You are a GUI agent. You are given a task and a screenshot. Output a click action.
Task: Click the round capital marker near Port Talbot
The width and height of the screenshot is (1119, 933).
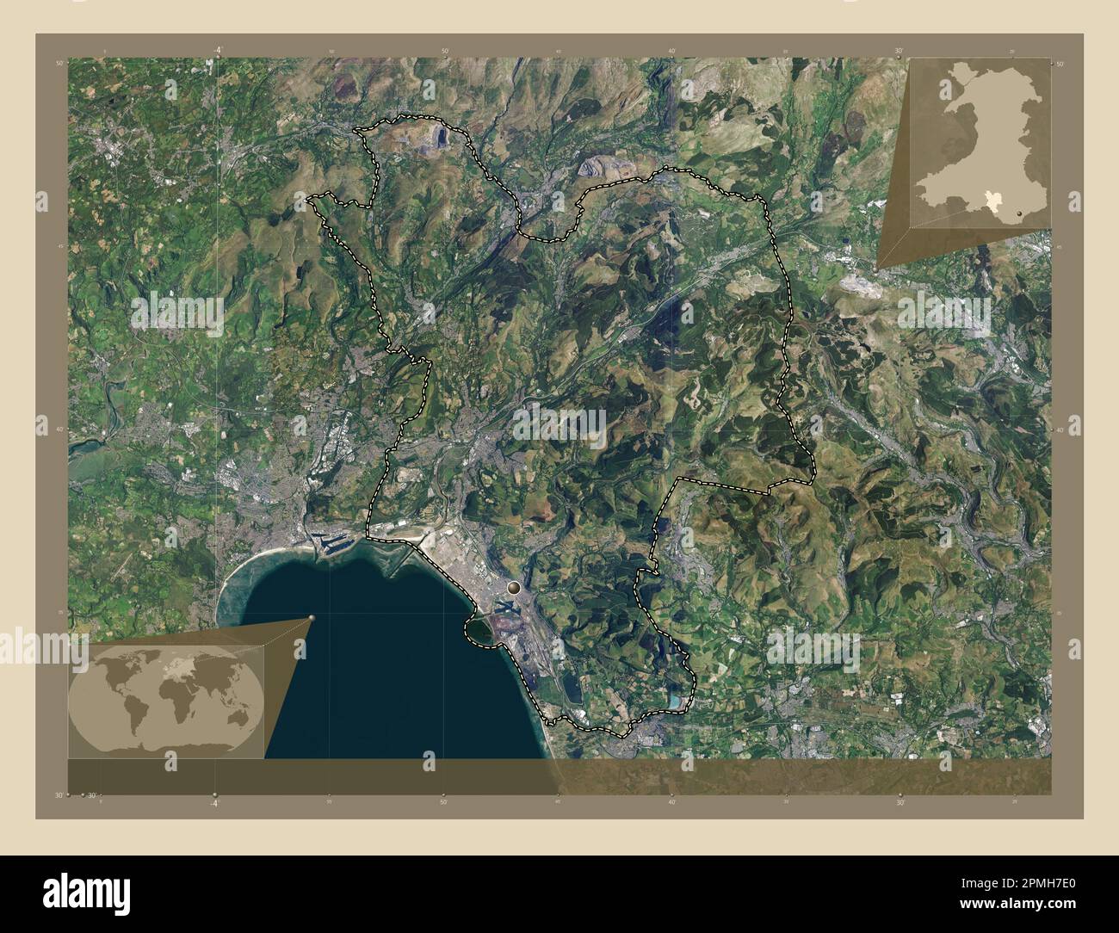pos(515,589)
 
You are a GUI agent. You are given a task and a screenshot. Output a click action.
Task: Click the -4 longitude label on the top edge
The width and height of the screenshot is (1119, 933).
pos(217,51)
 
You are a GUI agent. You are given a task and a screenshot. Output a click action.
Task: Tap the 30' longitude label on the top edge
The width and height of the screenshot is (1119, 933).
pos(899,51)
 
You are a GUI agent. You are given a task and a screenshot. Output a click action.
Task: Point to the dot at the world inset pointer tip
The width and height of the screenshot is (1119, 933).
pos(312,617)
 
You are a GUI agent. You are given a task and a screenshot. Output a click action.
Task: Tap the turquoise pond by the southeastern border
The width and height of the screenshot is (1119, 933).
pos(674,702)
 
